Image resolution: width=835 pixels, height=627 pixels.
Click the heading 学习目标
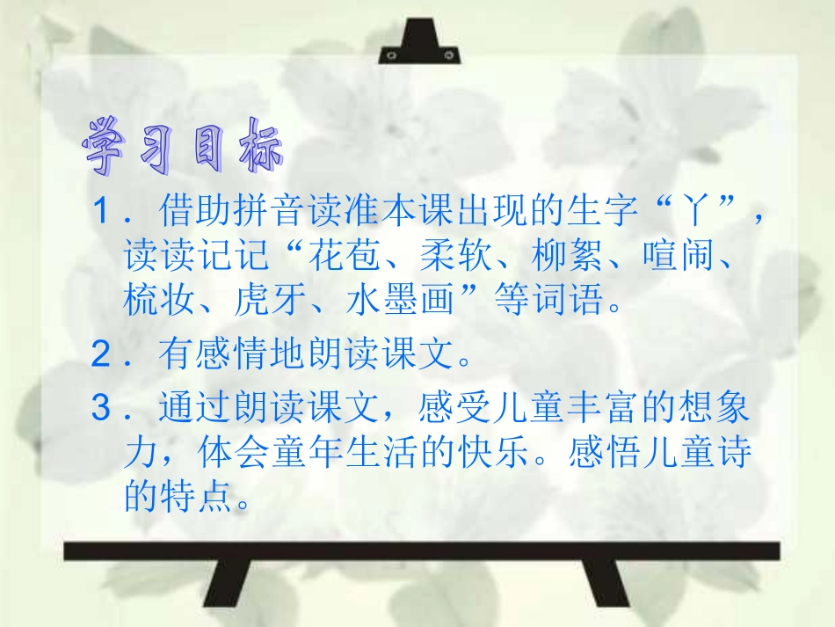pyautogui.click(x=183, y=144)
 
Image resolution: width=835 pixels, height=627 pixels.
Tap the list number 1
pyautogui.click(x=104, y=212)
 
